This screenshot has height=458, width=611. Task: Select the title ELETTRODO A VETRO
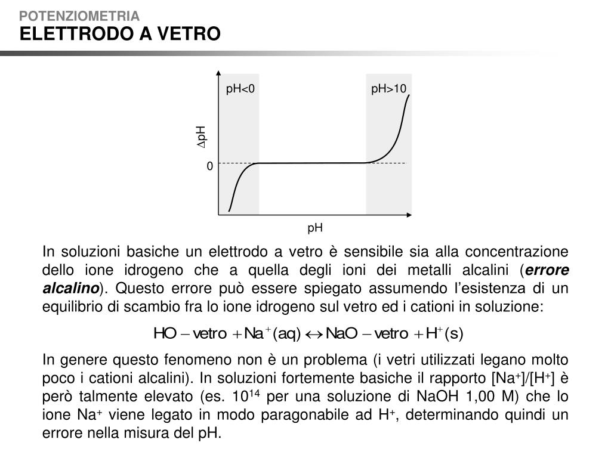[x=120, y=34]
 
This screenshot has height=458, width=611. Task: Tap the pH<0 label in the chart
[x=240, y=89]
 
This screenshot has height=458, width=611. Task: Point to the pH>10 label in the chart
[x=388, y=89]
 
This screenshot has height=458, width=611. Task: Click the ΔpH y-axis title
[x=201, y=137]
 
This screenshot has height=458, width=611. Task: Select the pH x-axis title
[x=315, y=227]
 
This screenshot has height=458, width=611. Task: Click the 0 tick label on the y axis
[x=209, y=167]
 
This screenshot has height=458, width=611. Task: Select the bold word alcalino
[x=70, y=289]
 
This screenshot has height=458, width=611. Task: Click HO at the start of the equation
[x=164, y=333]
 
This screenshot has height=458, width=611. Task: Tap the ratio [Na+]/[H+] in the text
[x=523, y=379]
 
